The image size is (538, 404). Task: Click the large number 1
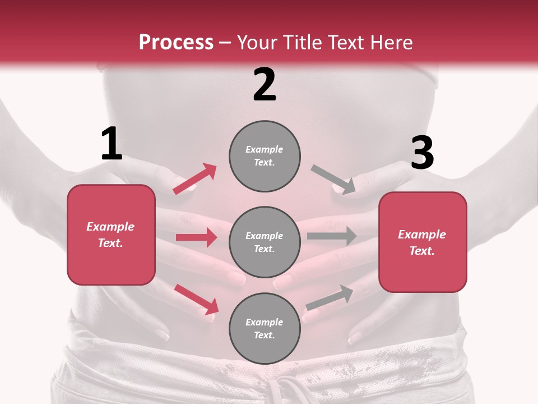coord(112,144)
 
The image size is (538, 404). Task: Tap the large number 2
coord(265,85)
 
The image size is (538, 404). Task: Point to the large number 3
coord(422,153)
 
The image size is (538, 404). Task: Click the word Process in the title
coord(176,42)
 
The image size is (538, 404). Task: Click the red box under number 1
coord(111,235)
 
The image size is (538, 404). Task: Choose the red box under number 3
coord(423,242)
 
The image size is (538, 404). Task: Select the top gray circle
coord(265,155)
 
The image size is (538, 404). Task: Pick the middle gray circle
coord(265,242)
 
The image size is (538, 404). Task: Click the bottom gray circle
coord(265,328)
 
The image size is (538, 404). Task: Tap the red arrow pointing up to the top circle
coord(195,178)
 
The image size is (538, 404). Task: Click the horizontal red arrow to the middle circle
coord(196,237)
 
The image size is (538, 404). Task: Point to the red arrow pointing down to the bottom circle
coord(196,299)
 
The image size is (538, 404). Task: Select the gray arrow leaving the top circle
coord(333,179)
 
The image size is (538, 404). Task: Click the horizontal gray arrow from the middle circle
coord(331,236)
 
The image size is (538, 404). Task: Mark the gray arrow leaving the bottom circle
coord(330,298)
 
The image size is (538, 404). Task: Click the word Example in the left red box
coord(110,227)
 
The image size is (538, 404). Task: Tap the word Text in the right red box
coord(421,251)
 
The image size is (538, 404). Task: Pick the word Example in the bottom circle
coord(265,322)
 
